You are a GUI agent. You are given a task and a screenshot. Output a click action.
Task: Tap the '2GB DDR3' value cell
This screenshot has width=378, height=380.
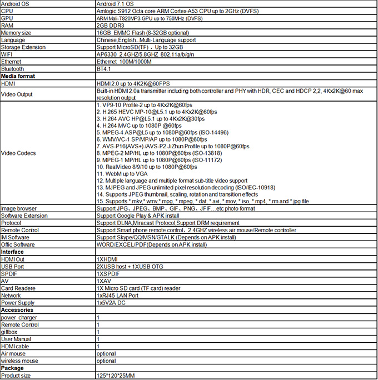point(111,26)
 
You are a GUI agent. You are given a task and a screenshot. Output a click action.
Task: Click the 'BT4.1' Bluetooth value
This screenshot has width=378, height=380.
point(103,69)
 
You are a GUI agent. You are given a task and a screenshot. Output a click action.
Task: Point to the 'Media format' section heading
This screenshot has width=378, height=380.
point(18,76)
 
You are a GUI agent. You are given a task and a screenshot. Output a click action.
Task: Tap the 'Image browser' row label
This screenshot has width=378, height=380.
point(19,208)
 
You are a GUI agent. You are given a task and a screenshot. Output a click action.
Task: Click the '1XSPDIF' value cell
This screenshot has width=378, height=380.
point(107,273)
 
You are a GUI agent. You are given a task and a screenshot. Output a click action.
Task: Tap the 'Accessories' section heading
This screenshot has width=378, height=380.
point(17,310)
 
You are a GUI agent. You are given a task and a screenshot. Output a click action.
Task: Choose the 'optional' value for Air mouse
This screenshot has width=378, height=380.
point(106,353)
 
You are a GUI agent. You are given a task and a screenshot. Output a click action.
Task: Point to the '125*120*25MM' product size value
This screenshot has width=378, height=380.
point(116,376)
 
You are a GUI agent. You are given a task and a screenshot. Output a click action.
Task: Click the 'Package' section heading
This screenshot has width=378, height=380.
point(13,368)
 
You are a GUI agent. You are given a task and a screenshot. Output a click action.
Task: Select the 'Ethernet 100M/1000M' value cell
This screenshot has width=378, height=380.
point(124,62)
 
